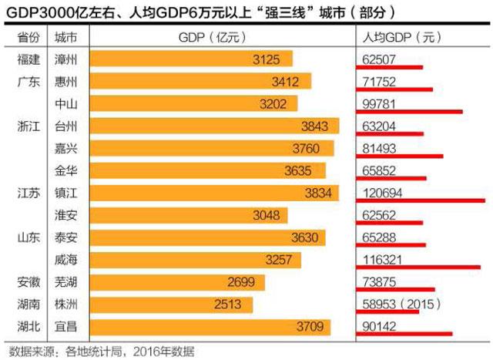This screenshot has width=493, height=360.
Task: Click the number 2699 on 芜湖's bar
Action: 241,282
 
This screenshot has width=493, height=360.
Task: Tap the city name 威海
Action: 65,260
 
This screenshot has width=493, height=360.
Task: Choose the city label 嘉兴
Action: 65,148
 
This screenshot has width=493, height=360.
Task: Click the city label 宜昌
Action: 65,327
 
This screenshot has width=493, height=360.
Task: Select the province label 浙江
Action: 26,126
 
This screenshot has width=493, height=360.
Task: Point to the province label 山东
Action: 26,237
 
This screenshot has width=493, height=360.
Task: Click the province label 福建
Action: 26,59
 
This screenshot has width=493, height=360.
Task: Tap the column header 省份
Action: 26,37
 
